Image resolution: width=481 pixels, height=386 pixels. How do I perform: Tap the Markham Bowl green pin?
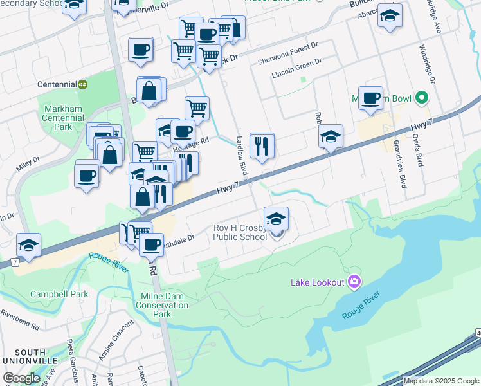click(422, 98)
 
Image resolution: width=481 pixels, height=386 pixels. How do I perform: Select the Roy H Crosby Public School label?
click(240, 232)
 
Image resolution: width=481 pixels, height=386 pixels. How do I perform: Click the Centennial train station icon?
click(82, 84)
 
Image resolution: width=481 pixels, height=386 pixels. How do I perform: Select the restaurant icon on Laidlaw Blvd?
click(262, 146)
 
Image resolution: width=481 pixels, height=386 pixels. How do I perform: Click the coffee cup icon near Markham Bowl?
click(370, 98)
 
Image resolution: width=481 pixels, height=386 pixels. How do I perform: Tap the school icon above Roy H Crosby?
click(276, 219)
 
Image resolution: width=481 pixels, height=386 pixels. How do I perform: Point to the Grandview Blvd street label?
click(400, 163)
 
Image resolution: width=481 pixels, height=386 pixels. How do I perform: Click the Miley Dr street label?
click(28, 163)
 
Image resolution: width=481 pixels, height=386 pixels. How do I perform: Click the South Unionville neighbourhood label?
click(23, 358)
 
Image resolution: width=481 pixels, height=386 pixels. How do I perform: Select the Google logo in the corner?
click(22, 378)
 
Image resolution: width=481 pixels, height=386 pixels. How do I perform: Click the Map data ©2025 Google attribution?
click(441, 381)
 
